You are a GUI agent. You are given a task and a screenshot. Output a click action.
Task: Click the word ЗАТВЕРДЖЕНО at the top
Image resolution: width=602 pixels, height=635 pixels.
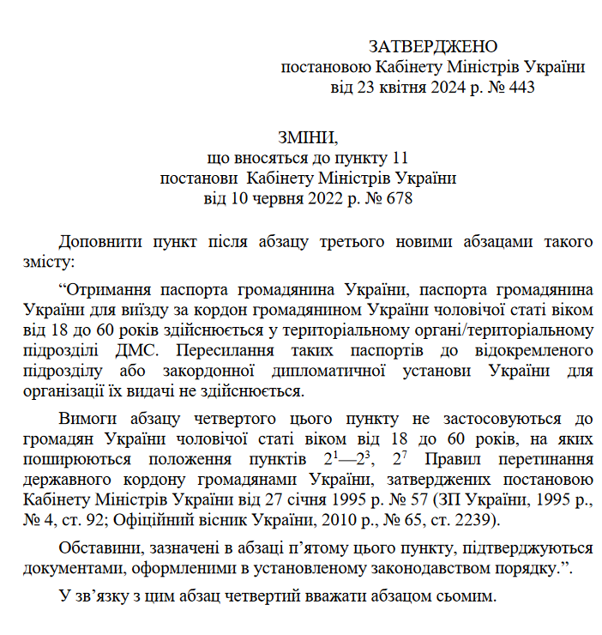433,46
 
